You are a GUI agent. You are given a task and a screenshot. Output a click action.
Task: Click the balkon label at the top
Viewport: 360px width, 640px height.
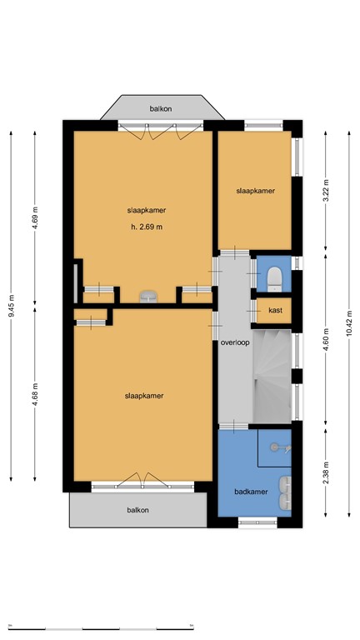(161, 108)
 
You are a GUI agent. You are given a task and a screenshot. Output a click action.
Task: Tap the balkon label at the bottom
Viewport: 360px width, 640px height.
(137, 510)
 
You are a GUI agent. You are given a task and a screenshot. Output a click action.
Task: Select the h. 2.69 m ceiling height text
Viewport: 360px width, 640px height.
(146, 227)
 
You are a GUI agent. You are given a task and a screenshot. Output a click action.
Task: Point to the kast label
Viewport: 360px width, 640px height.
(275, 311)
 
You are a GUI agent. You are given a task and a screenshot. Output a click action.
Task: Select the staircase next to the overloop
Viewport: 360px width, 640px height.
(272, 375)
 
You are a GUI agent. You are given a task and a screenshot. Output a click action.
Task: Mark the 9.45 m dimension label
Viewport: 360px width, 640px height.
(12, 306)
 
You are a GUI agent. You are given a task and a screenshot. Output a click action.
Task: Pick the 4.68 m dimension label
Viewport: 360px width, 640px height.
(36, 392)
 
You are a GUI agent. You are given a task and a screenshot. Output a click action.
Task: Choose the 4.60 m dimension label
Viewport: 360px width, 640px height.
(326, 343)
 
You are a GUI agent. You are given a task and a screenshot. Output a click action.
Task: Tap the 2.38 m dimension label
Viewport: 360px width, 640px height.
(326, 472)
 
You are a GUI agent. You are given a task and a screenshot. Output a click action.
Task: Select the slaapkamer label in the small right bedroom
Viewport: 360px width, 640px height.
(255, 191)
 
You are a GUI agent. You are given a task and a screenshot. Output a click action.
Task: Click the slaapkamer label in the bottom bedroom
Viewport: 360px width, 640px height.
(143, 396)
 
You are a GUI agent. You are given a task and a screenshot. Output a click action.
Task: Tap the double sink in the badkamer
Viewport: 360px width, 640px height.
(285, 492)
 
